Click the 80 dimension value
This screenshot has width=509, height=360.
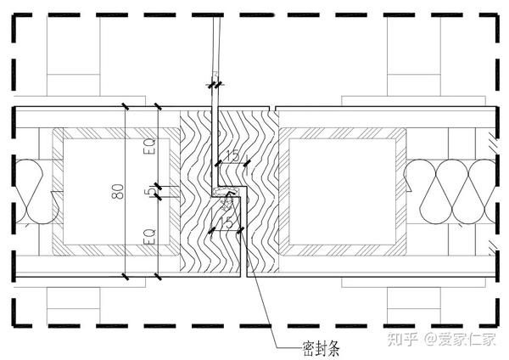tap(116, 194)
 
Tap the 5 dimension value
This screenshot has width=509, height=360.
tap(149, 193)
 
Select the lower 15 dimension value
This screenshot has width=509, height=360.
tap(227, 222)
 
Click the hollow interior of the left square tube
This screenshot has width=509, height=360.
tap(93, 191)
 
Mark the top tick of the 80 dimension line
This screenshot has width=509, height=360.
tap(125, 108)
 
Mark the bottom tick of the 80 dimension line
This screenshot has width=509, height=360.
tap(125, 277)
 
